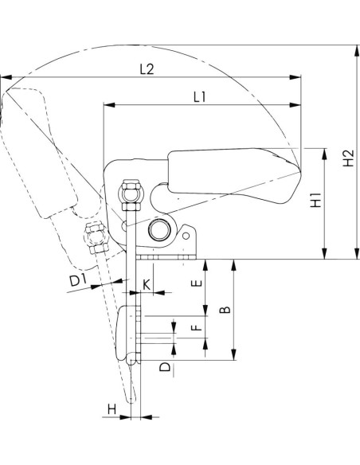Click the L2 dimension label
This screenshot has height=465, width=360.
[x=147, y=69]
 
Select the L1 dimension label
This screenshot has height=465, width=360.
[x=200, y=97]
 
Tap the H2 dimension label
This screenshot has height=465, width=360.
[x=348, y=158]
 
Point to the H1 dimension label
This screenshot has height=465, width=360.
[x=316, y=200]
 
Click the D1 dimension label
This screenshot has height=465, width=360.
[x=78, y=280]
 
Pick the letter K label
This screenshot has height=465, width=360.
[x=147, y=285]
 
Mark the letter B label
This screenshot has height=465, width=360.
[x=225, y=309]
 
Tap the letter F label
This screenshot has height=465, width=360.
[x=197, y=327]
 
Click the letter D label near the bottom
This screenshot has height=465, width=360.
[x=165, y=367]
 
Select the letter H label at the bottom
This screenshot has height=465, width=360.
[x=112, y=409]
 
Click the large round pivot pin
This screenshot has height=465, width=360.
[x=159, y=230]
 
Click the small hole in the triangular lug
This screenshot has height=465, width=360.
[x=186, y=236]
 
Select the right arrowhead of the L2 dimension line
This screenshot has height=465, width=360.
[x=295, y=77]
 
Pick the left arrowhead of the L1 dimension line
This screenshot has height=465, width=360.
[x=109, y=104]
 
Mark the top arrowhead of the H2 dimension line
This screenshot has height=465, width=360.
[x=357, y=51]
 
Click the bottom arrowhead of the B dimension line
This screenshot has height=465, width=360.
[x=234, y=354]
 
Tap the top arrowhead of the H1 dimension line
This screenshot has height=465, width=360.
[x=325, y=154]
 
